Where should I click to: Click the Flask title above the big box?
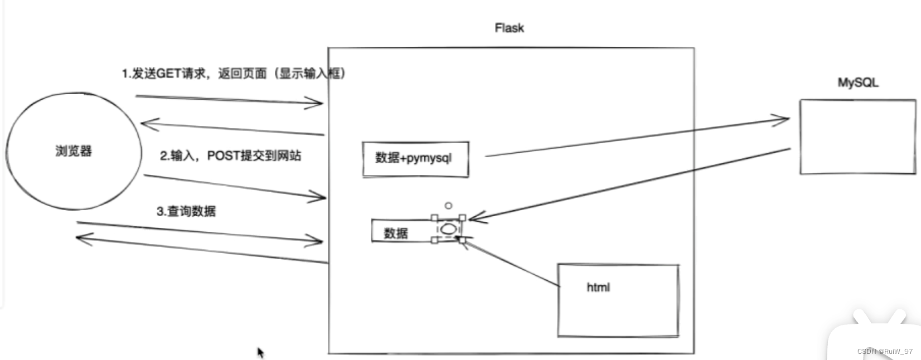point(509,28)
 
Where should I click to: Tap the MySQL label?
point(857,82)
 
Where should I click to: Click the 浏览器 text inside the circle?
point(74,151)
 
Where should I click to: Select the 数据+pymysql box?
point(415,159)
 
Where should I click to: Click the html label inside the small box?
point(598,288)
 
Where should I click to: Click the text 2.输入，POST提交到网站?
point(230,155)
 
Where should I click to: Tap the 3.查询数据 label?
point(186,211)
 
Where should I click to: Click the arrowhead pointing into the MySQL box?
point(783,119)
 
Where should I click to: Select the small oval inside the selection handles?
point(448,228)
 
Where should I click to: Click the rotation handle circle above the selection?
point(448,206)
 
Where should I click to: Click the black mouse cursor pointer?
point(260,352)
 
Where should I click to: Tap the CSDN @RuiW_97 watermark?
point(885,351)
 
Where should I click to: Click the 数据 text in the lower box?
point(396,233)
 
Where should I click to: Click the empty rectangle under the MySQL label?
point(857,137)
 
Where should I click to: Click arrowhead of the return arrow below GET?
point(146,124)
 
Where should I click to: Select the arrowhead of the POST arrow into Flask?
point(320,196)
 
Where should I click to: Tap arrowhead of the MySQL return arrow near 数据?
point(474,218)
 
